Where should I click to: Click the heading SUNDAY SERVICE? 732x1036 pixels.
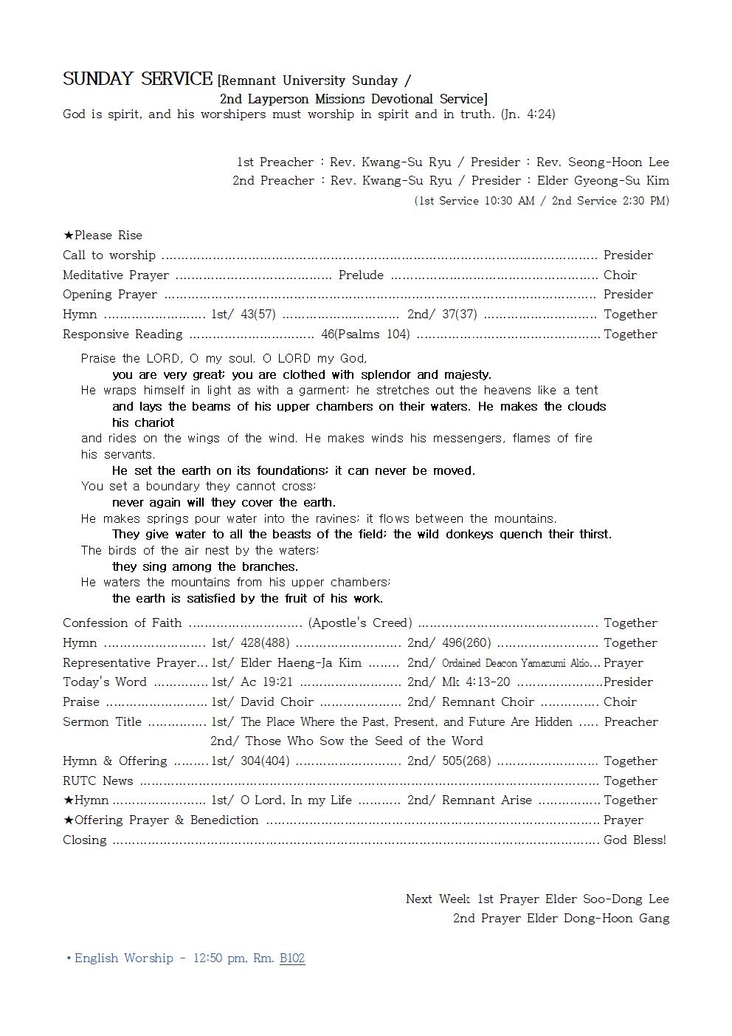pyautogui.click(x=137, y=79)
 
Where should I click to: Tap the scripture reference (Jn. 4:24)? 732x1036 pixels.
pyautogui.click(x=528, y=114)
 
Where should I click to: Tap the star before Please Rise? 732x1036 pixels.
pyautogui.click(x=68, y=236)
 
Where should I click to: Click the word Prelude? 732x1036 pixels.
pyautogui.click(x=361, y=275)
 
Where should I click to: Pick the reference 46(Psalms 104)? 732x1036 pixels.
pyautogui.click(x=365, y=335)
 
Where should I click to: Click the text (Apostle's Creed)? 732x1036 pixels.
pyautogui.click(x=360, y=623)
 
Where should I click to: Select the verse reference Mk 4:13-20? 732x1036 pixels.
pyautogui.click(x=476, y=682)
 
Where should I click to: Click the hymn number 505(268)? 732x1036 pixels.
pyautogui.click(x=466, y=761)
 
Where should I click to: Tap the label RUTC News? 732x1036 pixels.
pyautogui.click(x=98, y=781)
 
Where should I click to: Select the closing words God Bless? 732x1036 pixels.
pyautogui.click(x=635, y=840)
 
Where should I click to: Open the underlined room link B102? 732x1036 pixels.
pyautogui.click(x=292, y=958)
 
